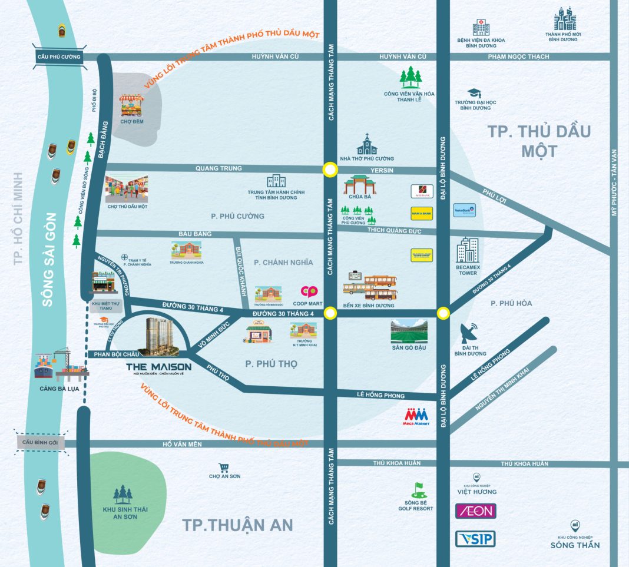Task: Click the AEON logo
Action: tap(476, 510)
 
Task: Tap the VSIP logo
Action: tap(476, 539)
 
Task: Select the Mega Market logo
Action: tap(416, 416)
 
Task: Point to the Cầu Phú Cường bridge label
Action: tap(58, 57)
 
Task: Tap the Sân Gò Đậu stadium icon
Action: tap(409, 332)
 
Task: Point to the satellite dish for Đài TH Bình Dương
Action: tap(470, 334)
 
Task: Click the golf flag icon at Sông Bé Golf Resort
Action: tap(419, 489)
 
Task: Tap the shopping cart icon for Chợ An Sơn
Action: tap(223, 468)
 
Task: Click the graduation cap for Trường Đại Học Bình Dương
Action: tap(475, 93)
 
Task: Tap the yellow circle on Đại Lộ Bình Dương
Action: tap(443, 313)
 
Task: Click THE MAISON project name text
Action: tap(158, 367)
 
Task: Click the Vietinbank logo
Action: tap(464, 210)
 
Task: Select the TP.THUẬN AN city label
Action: tap(237, 525)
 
